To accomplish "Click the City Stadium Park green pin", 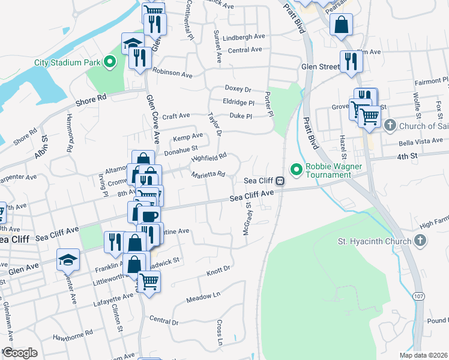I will [x=109, y=61].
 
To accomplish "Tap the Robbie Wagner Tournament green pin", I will [x=295, y=168].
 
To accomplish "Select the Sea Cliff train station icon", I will [x=280, y=181].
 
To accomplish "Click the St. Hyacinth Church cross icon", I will [x=420, y=241].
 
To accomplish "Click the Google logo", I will [x=19, y=352].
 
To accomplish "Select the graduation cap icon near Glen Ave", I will [x=67, y=260].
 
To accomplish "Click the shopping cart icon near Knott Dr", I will [x=149, y=280].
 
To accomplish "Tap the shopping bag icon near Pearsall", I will [x=341, y=25].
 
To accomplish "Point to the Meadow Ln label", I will [x=203, y=297].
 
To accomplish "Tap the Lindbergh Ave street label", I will [x=243, y=37].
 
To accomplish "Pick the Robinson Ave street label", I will [x=172, y=74].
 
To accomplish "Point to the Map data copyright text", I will [x=423, y=355].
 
